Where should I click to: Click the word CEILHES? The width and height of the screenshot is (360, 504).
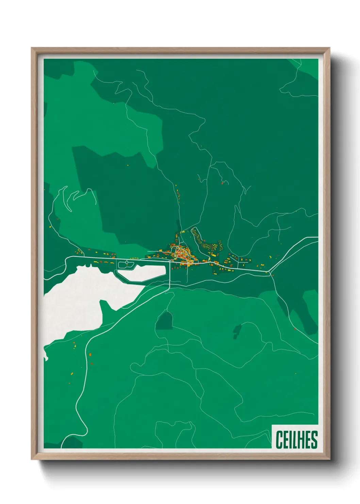click(296, 440)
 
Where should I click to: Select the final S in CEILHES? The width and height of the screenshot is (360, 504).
click(314, 440)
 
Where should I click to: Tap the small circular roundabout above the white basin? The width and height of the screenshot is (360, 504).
click(127, 262)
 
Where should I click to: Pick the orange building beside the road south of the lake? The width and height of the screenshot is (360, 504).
click(91, 355)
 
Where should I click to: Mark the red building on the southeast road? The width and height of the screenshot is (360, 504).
click(295, 329)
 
